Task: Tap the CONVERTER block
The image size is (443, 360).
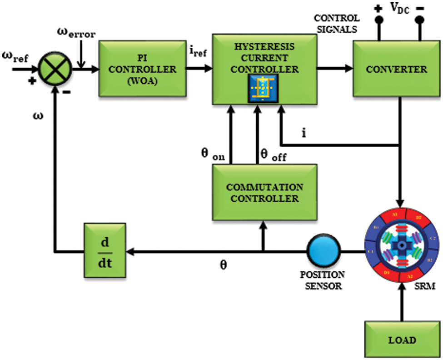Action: [397, 69]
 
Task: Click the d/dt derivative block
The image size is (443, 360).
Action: [104, 250]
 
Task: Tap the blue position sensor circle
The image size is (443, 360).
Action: [321, 250]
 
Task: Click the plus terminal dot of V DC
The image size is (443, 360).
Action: [378, 20]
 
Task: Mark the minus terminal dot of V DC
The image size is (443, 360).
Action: [420, 20]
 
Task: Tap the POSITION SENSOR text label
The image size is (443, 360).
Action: [322, 280]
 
